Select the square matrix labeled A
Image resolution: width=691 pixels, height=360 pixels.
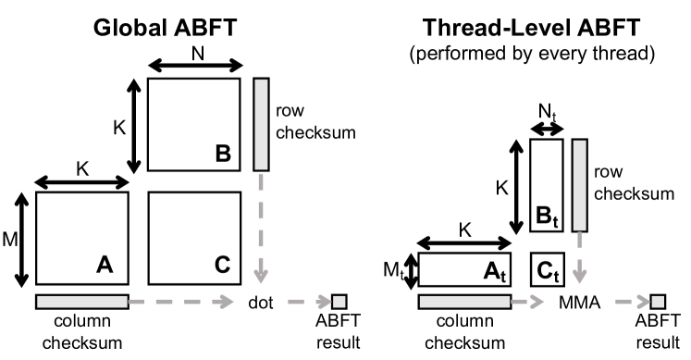pyautogui.click(x=82, y=239)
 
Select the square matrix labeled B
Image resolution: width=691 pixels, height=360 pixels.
pyautogui.click(x=194, y=125)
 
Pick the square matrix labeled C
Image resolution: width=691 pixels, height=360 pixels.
pyautogui.click(x=194, y=239)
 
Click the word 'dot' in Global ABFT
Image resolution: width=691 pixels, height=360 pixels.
pyautogui.click(x=260, y=302)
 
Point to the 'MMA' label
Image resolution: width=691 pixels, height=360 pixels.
pyautogui.click(x=581, y=302)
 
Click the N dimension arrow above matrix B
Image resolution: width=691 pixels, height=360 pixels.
pyautogui.click(x=194, y=65)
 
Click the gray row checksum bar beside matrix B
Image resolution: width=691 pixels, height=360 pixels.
pyautogui.click(x=260, y=125)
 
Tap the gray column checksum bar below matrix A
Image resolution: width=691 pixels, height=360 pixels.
pyautogui.click(x=82, y=302)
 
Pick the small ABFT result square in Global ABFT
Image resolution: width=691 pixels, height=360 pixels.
pyautogui.click(x=339, y=301)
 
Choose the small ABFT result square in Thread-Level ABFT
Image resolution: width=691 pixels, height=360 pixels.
pyautogui.click(x=658, y=301)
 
